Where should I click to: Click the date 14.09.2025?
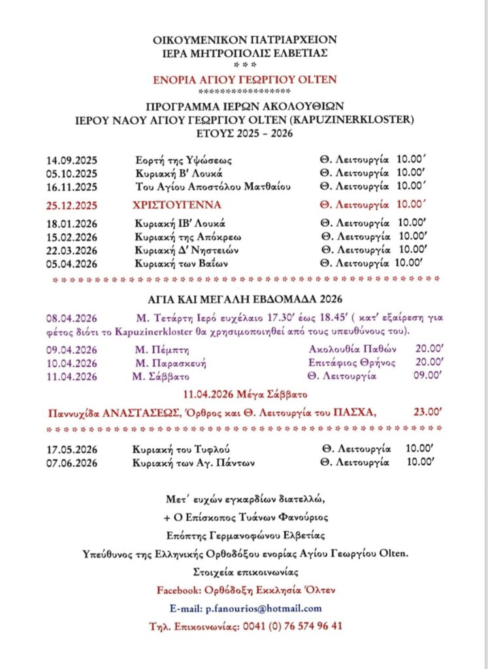point(71,161)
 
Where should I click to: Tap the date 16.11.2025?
point(71,187)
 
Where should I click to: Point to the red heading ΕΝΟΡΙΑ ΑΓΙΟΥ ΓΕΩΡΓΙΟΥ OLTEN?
point(245,80)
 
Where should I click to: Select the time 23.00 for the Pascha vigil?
point(429,412)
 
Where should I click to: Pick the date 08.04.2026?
point(71,319)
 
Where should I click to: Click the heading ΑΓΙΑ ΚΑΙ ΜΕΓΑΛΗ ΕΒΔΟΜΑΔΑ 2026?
point(245,300)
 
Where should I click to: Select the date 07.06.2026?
point(71,463)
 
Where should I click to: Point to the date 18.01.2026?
point(71,223)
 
